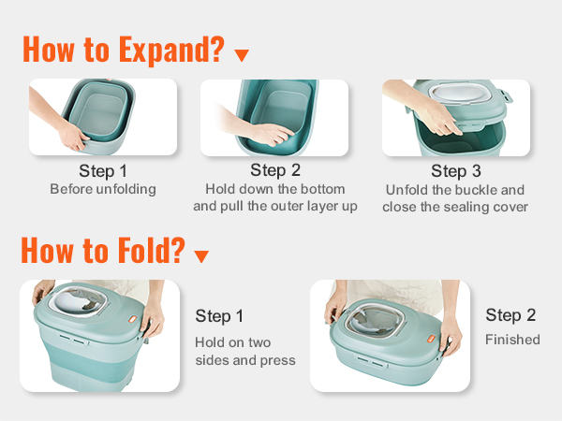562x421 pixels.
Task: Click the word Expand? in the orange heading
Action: (171, 51)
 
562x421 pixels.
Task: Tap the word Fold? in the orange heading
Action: (151, 250)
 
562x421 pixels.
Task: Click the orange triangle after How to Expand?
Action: (242, 55)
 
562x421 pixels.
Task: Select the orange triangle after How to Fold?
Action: (201, 256)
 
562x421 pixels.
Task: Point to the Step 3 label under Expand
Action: (456, 171)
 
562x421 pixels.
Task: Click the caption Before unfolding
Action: (103, 189)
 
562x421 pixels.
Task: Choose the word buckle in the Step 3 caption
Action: (473, 190)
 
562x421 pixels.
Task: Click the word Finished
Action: (512, 340)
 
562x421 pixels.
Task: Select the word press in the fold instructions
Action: (278, 360)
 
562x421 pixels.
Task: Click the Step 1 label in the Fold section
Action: (219, 316)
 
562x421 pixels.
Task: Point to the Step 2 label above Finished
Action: (510, 315)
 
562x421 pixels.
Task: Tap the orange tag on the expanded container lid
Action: (133, 319)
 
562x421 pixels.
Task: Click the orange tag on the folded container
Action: (431, 339)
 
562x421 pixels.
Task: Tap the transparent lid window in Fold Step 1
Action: (79, 301)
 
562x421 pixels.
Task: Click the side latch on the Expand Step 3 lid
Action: (507, 96)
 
